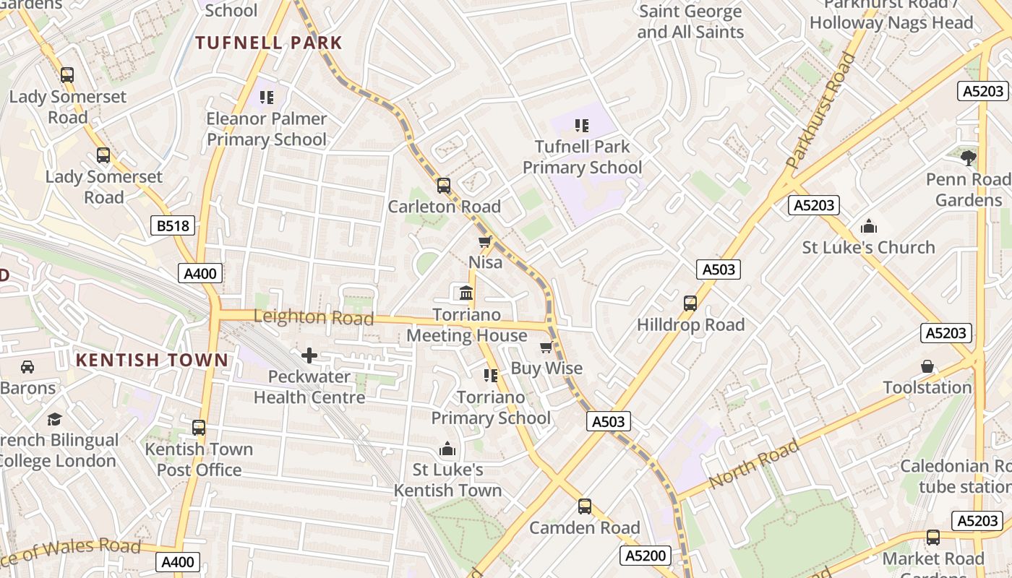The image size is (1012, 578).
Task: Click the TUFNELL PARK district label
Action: [268, 43]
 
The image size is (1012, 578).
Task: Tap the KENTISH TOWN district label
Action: [152, 360]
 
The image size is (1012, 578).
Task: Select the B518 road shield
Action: [173, 226]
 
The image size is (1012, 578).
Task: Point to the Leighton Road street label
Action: [314, 317]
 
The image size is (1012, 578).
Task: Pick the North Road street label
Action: [754, 463]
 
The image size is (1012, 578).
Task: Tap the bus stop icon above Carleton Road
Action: [444, 186]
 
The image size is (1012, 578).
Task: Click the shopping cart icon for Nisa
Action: [485, 241]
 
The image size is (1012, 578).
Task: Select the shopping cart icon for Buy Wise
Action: [546, 348]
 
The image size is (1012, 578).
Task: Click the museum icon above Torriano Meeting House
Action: [466, 293]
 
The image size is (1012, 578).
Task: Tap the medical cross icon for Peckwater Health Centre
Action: [309, 355]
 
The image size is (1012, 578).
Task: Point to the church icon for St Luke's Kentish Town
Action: [447, 449]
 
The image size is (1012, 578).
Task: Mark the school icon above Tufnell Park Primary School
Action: [582, 126]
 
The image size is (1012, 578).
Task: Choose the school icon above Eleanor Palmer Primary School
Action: [267, 97]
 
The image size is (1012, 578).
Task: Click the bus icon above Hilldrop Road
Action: [690, 303]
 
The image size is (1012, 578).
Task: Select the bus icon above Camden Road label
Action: [585, 506]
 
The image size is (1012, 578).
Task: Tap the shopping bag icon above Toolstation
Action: [927, 367]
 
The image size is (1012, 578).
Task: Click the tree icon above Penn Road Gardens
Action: [969, 158]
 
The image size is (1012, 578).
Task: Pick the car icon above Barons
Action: [27, 367]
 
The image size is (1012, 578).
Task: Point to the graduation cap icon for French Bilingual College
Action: [55, 419]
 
